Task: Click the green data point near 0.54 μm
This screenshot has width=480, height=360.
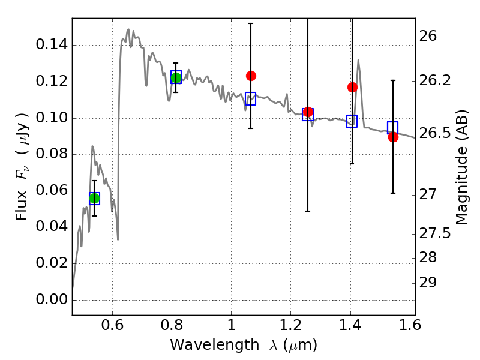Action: click(x=94, y=198)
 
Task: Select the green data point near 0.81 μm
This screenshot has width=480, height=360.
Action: click(x=176, y=77)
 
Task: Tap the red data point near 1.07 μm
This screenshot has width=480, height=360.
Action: click(x=251, y=76)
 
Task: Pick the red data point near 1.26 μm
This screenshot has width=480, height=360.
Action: click(x=308, y=112)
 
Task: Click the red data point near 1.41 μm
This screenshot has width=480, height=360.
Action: click(x=352, y=87)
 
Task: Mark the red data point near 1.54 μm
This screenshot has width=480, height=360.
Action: click(x=393, y=137)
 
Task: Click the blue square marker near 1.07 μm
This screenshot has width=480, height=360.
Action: click(x=250, y=99)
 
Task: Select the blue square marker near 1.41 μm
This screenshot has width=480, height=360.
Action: click(x=352, y=121)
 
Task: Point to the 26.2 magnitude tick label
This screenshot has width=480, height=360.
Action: click(x=436, y=80)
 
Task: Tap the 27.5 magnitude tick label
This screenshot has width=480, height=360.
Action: click(x=436, y=233)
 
